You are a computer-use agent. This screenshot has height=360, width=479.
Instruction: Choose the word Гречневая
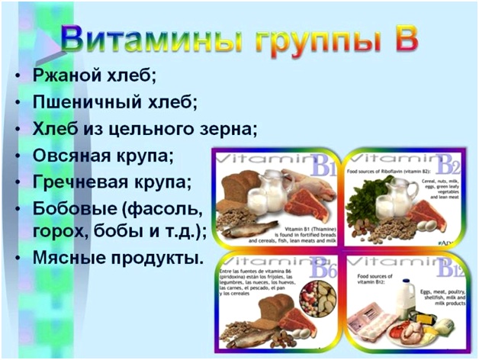click(x=81, y=182)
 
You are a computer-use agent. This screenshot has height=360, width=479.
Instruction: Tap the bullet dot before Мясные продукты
click(x=18, y=259)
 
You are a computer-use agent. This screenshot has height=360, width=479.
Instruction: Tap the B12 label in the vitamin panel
click(x=447, y=268)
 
